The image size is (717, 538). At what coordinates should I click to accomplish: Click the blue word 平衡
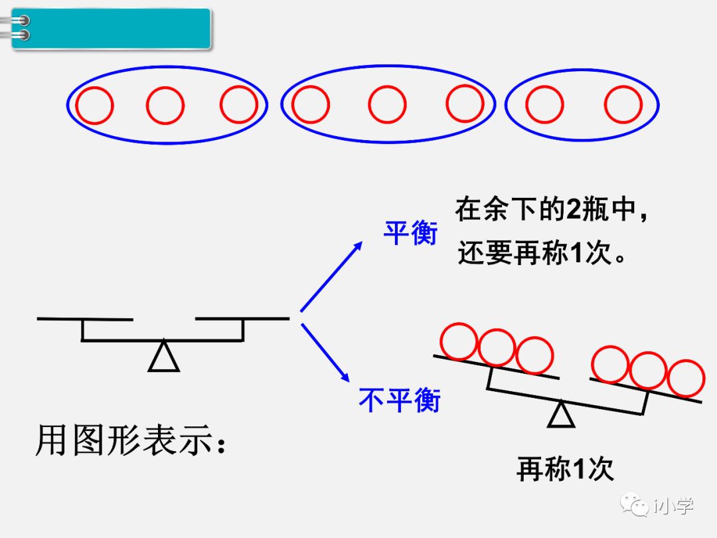pos(410,233)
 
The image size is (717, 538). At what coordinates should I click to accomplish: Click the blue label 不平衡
pos(400,400)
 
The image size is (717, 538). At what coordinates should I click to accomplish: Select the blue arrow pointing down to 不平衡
pos(326,352)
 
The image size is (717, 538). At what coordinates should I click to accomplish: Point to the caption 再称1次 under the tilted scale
pos(565,470)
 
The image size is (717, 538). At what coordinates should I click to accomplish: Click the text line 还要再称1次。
pos(542,253)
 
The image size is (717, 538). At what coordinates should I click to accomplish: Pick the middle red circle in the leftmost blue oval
pos(165,105)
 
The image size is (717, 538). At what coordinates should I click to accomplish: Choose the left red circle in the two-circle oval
pos(544,105)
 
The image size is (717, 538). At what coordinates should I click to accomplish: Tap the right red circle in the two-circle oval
pos(623,105)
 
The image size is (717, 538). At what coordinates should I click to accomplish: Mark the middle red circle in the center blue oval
pos(387,105)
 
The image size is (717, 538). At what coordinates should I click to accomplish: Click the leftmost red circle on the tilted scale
pos(459,341)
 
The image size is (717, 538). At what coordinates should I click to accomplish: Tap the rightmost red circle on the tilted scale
pos(685,378)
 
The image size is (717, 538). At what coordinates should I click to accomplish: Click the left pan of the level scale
pos(85,319)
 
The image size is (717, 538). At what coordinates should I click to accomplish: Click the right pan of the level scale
pos(242,319)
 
